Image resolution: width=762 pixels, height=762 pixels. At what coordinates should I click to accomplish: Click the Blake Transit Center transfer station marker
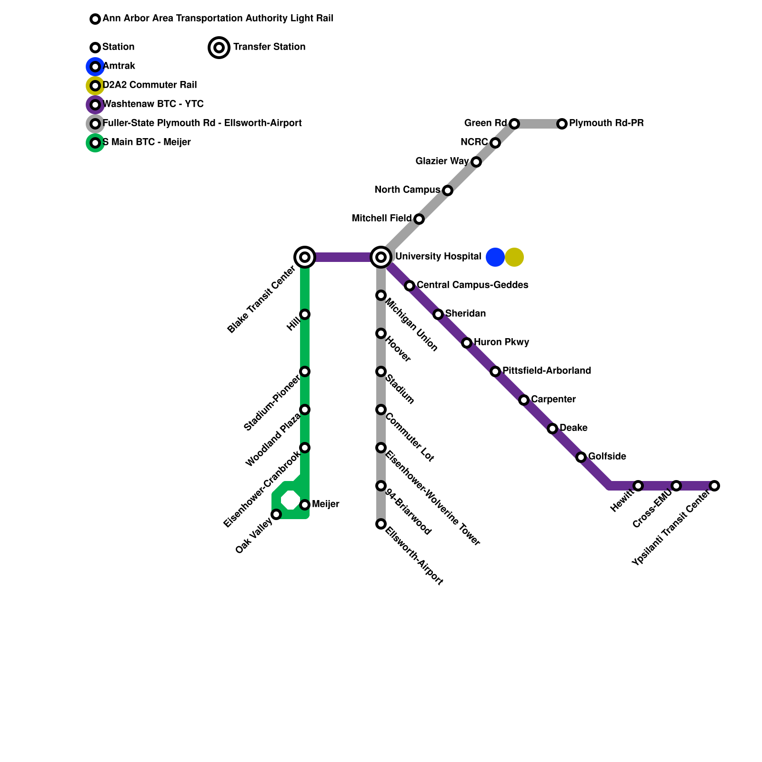point(305,257)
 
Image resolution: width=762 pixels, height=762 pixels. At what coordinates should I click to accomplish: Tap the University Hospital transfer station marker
point(381,257)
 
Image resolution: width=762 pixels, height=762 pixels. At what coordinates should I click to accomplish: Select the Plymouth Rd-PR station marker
point(562,124)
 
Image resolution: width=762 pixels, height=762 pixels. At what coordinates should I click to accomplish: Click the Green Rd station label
point(485,123)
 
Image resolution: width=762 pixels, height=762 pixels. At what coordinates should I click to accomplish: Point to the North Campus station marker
point(448,190)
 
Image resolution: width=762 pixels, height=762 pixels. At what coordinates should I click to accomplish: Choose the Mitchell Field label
point(381,219)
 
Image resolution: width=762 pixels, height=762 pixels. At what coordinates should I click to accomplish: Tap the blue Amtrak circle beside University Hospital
point(495,257)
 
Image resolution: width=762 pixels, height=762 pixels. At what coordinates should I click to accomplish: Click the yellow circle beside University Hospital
point(514,257)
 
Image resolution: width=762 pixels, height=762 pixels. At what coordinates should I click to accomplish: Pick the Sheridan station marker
point(438,314)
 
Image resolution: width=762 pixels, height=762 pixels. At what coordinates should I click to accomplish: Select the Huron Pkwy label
point(501,342)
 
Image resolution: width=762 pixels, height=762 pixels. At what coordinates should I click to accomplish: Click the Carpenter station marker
point(524,400)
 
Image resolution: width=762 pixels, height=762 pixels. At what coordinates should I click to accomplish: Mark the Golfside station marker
point(581,457)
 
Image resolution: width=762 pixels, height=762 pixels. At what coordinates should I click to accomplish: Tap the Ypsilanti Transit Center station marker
point(714,486)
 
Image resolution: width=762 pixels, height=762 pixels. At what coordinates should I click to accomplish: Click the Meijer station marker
point(305,505)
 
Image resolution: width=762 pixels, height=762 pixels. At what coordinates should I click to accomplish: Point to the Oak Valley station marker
point(276,514)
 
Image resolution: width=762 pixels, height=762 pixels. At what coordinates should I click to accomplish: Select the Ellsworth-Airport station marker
point(381,524)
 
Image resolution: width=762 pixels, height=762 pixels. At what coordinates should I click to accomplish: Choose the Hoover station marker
point(381,333)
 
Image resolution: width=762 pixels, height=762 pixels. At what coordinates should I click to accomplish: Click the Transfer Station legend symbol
point(219,48)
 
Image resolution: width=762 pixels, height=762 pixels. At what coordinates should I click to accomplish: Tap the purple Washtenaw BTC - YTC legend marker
point(95,105)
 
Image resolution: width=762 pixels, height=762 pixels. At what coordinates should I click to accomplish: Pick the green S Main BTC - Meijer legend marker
point(95,143)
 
